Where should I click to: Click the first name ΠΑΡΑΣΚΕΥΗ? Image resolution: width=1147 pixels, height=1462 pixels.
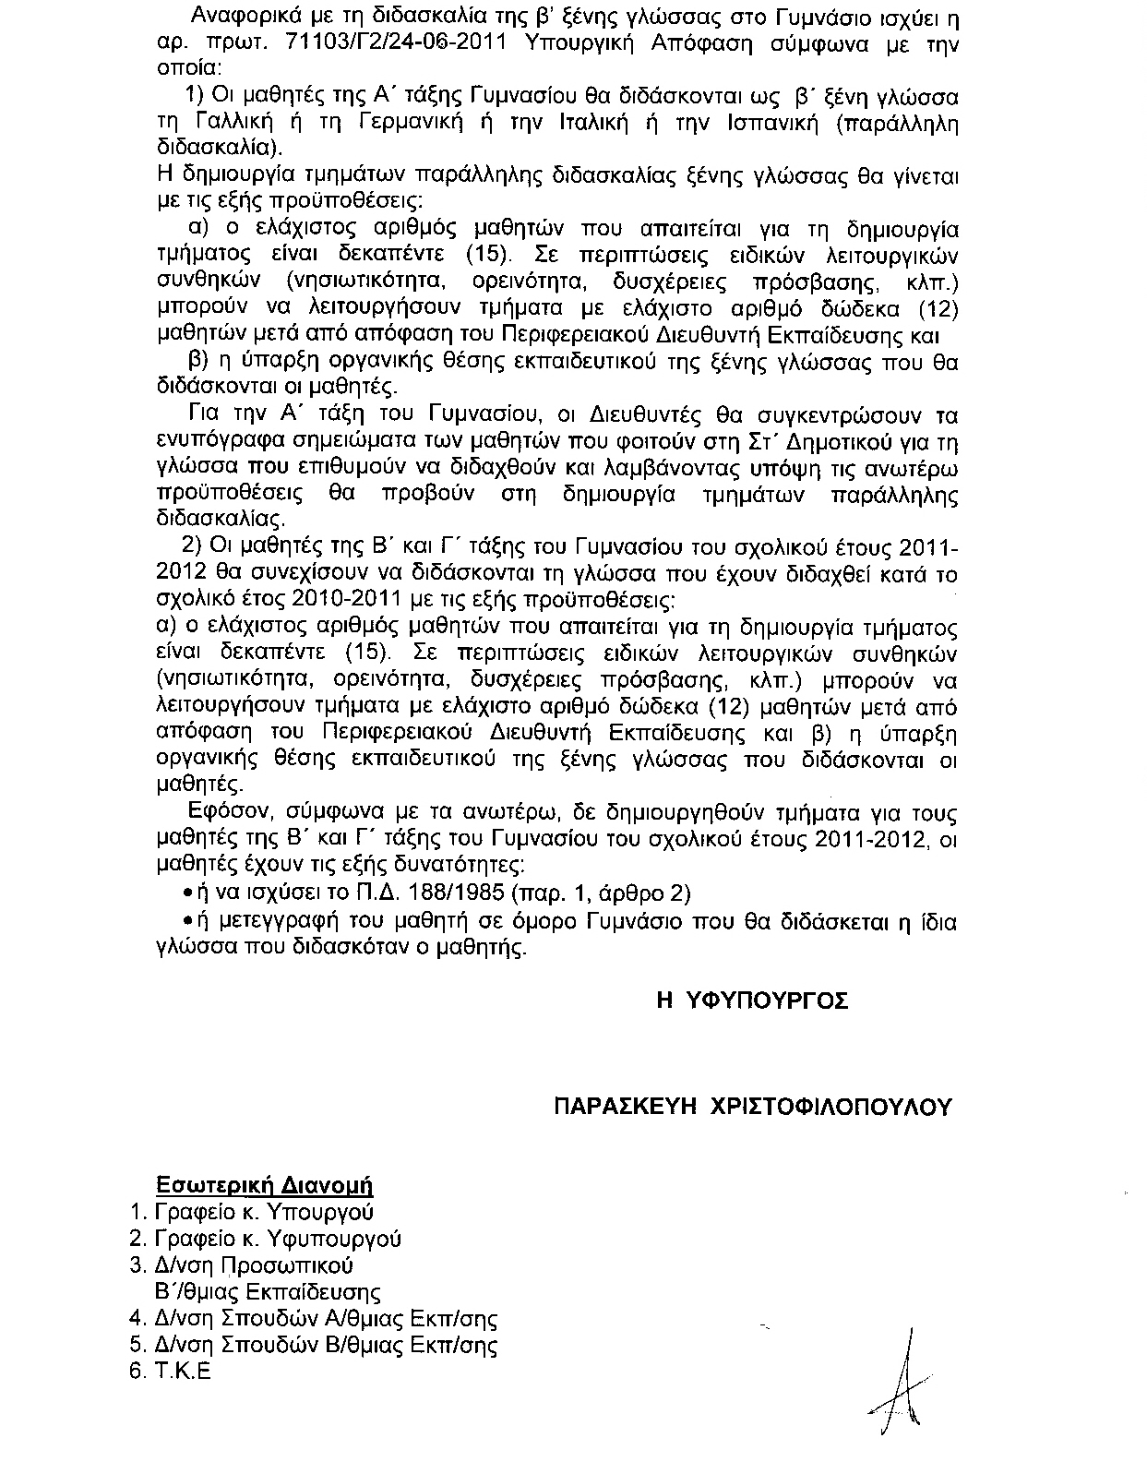pos(624,1107)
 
